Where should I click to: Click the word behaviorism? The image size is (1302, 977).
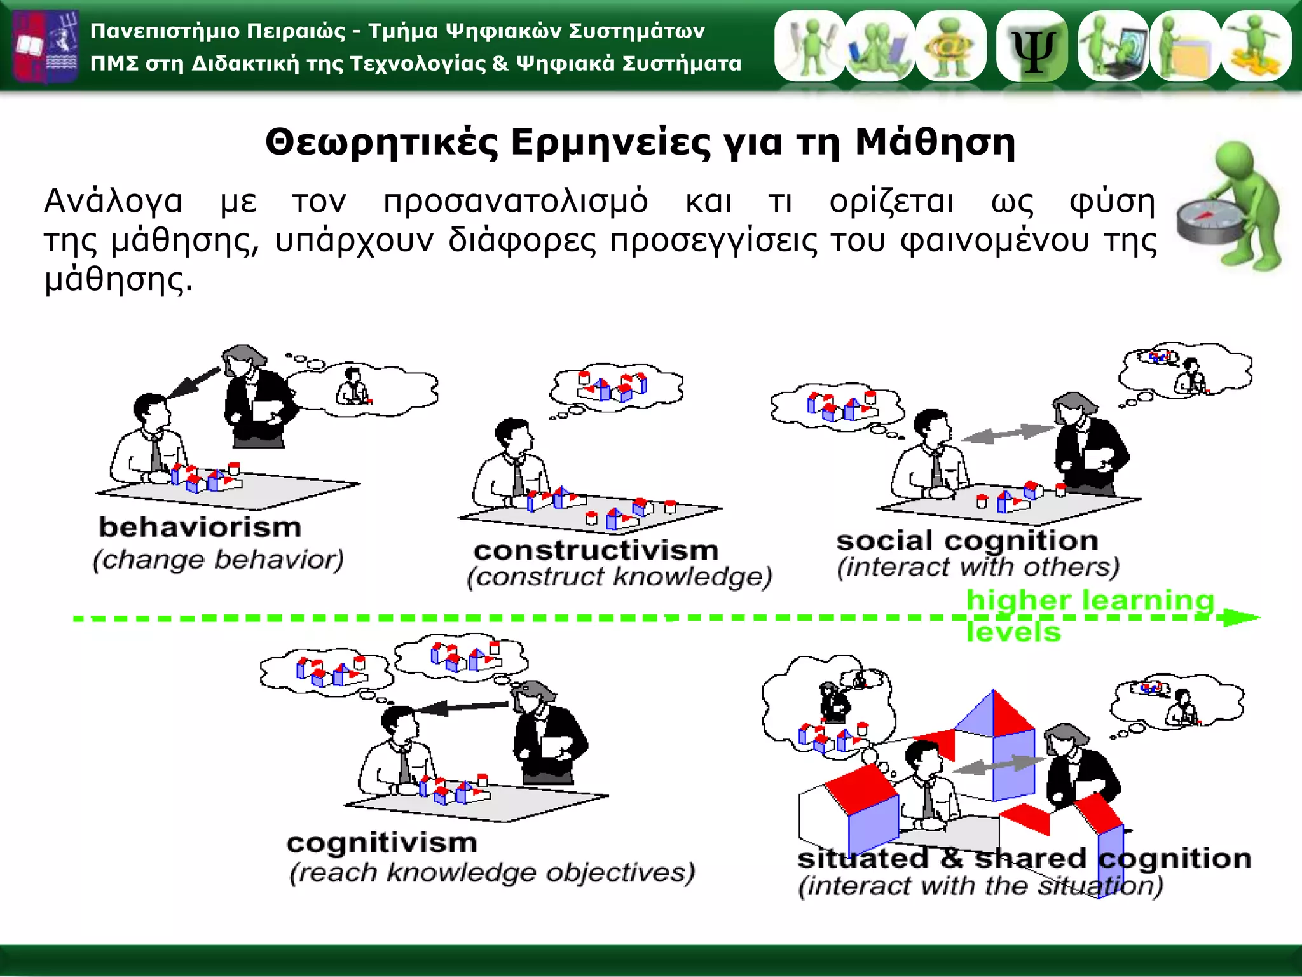click(200, 528)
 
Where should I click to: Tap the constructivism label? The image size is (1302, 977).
click(596, 551)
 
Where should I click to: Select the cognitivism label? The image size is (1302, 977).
click(381, 843)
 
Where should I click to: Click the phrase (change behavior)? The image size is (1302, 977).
click(218, 560)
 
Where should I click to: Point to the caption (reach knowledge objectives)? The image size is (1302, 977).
click(492, 873)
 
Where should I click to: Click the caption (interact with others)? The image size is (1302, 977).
click(978, 567)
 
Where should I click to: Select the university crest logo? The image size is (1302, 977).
click(46, 46)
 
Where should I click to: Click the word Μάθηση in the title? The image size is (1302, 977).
click(935, 142)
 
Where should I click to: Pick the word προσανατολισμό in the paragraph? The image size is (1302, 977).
click(515, 202)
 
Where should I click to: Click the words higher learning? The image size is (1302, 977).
click(1090, 600)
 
